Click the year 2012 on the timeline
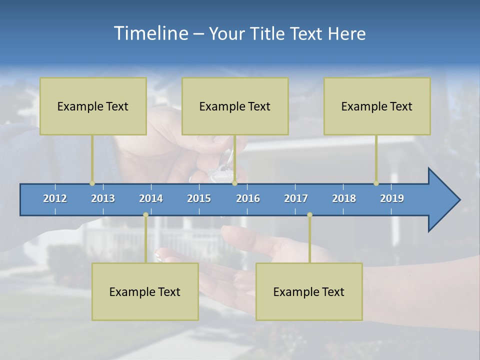[x=55, y=198]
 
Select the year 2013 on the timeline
[x=103, y=198]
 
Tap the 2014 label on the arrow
[x=151, y=198]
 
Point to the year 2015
[x=199, y=198]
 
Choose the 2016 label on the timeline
[x=248, y=198]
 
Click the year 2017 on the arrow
[x=296, y=198]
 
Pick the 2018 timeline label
[x=344, y=198]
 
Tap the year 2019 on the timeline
[x=392, y=198]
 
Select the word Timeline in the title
[x=149, y=33]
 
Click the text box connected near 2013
[x=93, y=106]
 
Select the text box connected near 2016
[x=235, y=106]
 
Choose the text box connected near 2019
[x=377, y=106]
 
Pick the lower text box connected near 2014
[x=145, y=291]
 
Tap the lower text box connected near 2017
[x=309, y=291]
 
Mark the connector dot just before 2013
[x=92, y=183]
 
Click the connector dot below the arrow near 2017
[x=309, y=215]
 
